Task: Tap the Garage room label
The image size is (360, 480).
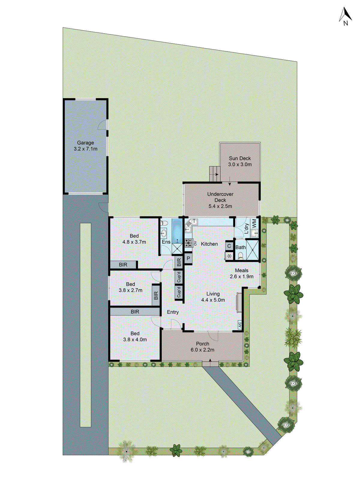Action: [85, 143]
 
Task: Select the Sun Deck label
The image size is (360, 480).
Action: [240, 158]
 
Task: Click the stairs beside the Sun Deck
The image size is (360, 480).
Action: [214, 174]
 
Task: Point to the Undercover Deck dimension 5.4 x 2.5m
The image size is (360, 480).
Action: [220, 206]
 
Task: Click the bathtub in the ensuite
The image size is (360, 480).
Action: [177, 231]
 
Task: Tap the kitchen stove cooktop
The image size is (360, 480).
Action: [188, 242]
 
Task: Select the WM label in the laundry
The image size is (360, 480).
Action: [254, 223]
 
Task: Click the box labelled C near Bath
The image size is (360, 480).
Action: [229, 246]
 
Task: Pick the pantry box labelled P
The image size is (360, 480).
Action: [188, 258]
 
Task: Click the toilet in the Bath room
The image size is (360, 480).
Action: [240, 256]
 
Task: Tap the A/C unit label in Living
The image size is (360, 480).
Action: [239, 325]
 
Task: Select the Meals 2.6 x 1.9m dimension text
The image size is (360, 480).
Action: [241, 277]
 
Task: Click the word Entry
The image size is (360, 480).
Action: [173, 312]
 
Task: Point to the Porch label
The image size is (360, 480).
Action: [202, 344]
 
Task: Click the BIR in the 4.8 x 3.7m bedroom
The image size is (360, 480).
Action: [123, 265]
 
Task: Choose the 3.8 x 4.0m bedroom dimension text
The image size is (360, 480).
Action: [135, 340]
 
